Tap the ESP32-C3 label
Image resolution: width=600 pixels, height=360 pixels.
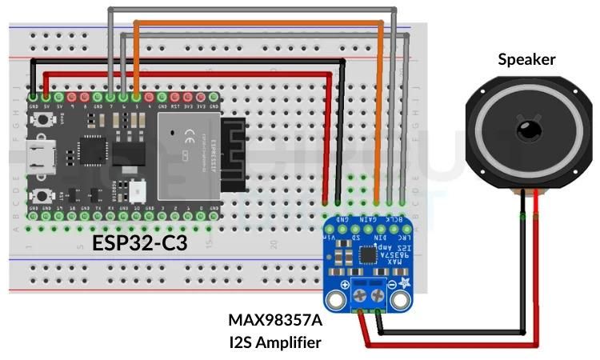pos(139,242)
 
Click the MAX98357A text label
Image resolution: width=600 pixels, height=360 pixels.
pos(276,321)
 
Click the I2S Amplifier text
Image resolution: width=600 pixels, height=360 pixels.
pos(276,342)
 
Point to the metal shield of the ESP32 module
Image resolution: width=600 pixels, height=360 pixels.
pos(188,156)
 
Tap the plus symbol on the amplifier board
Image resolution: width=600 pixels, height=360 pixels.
pos(345,285)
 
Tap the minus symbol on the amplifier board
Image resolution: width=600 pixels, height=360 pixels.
pos(393,285)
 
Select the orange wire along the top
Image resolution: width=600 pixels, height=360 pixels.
pos(256,22)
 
